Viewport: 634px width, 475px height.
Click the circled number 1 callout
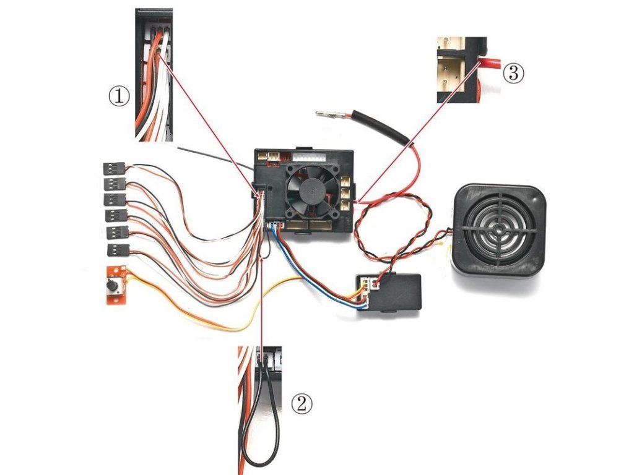click(119, 96)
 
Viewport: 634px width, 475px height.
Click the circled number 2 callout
click(302, 404)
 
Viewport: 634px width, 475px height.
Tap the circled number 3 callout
click(513, 73)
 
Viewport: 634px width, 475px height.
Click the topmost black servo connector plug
click(113, 168)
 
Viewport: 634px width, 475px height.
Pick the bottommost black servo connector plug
click(117, 250)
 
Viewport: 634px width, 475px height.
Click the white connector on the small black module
click(371, 284)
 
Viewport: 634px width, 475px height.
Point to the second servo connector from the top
click(115, 184)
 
